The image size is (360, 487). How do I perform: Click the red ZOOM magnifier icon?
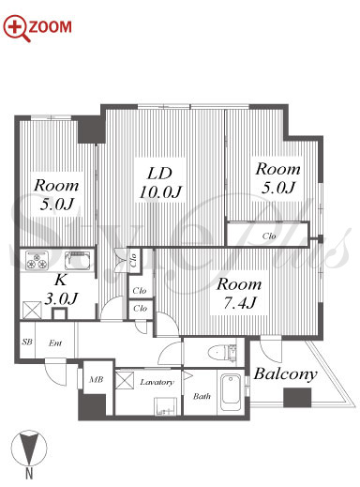pos(17,28)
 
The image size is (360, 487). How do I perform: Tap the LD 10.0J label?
pos(160,183)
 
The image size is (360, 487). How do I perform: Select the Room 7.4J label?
pos(239,294)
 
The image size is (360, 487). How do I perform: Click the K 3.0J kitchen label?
pos(60,290)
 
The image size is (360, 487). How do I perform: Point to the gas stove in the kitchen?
pos(37,260)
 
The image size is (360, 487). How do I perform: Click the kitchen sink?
pos(78,260)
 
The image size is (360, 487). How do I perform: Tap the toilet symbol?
pos(223,353)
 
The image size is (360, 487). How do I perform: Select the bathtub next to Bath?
pos(231,392)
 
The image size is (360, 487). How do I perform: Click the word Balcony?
pos(285,373)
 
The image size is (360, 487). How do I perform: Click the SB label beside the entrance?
pos(27,342)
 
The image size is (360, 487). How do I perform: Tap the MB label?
pos(96,379)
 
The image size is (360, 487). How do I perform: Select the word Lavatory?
pos(157,382)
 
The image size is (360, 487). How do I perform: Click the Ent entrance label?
pos(55,342)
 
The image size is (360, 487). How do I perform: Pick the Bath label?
pos(202,396)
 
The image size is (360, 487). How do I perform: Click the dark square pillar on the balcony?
pos(297,397)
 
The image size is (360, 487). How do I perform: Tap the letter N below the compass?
pos(29,474)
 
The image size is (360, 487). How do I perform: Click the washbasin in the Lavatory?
pos(166,406)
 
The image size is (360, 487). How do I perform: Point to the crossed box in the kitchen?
pos(32,310)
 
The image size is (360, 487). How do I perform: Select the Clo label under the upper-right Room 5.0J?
pos(269,236)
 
